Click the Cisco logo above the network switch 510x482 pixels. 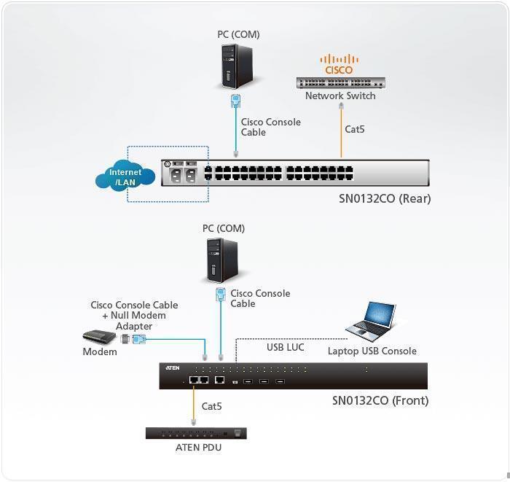339,64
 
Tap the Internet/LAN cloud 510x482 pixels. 125,176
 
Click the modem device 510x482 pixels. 99,337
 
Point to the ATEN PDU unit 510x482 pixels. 196,433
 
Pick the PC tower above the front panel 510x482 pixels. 222,260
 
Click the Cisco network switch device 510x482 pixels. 341,82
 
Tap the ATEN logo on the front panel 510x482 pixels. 173,368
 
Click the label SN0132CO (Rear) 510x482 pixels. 385,198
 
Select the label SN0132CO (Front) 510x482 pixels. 380,400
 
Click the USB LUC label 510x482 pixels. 286,347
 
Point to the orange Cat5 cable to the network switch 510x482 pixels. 341,132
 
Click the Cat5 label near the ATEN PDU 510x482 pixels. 212,406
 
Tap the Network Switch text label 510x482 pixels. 340,96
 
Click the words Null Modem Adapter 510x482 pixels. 134,321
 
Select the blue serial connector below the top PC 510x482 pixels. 236,101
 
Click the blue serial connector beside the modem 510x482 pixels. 139,339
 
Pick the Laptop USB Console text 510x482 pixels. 372,351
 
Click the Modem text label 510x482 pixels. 100,351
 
